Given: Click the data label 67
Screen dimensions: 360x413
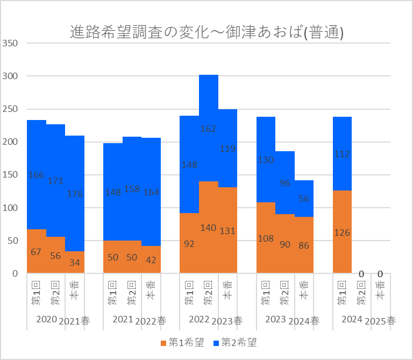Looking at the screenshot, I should click(36, 252).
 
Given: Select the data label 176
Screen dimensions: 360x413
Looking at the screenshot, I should click(75, 194).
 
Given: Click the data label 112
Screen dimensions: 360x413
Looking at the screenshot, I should click(342, 154).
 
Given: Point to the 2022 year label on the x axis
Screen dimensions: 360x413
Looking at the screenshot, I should click(199, 320).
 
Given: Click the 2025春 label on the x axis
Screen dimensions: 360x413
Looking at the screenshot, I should click(380, 321).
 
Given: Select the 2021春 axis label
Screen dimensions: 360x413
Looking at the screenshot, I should click(75, 321).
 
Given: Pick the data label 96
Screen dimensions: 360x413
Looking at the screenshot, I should click(285, 183).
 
